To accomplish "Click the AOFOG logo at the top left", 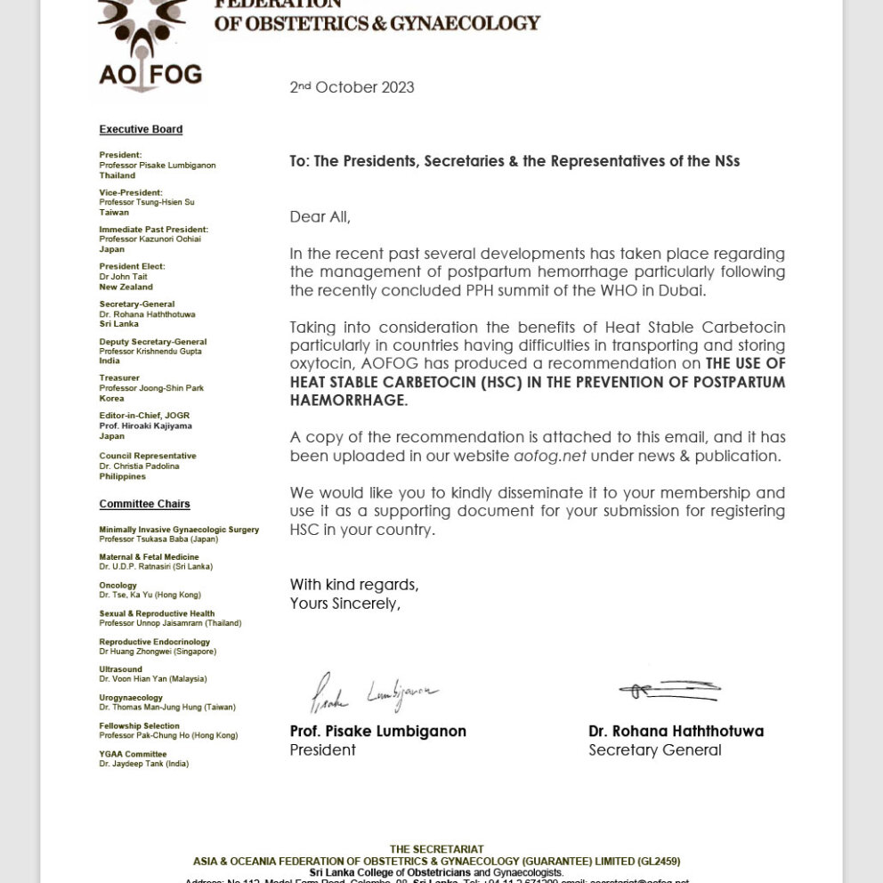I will coord(149,49).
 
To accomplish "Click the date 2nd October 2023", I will coord(352,87).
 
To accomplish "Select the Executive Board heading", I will coord(141,129).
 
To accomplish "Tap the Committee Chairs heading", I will coord(144,504).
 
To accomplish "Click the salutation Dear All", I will coord(320,216).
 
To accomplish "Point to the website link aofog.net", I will coord(550,456).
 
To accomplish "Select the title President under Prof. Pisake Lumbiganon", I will coord(322,750).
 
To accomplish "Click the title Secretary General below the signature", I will coord(654,750).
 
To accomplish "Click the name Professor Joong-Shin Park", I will coord(151,388).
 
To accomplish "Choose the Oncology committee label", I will coord(117,586).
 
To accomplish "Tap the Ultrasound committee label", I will coord(120,669).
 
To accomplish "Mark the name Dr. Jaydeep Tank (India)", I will coord(143,764).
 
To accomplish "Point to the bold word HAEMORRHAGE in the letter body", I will coord(347,401).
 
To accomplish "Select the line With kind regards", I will coord(353,585).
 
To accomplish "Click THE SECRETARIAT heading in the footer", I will coord(436,849).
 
